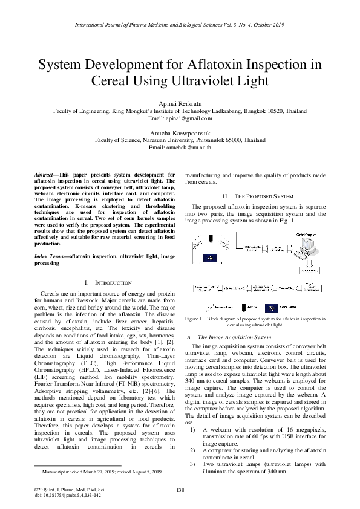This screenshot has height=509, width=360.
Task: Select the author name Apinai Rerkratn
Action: pos(180,103)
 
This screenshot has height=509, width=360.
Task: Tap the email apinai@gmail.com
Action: pos(180,119)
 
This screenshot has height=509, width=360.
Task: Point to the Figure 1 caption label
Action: pos(194,317)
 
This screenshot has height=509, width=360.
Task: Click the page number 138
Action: pos(180,490)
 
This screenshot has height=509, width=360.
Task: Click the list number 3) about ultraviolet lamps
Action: pos(192,464)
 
